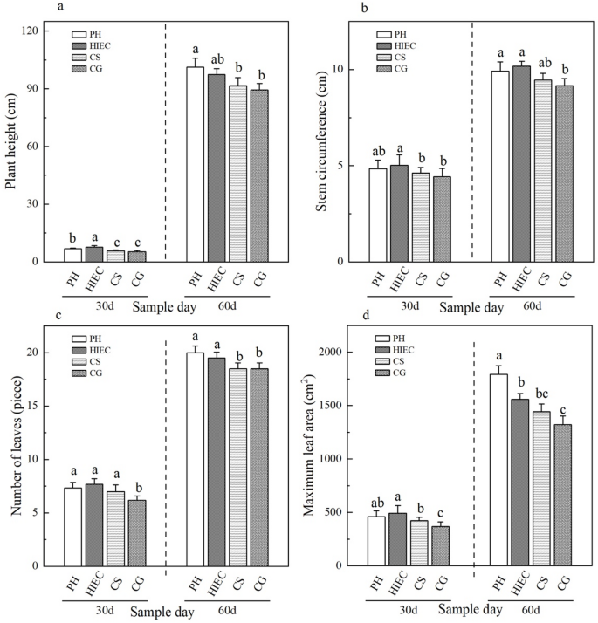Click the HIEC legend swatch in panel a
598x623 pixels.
tap(80, 45)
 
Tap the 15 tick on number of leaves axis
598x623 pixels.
tap(38, 406)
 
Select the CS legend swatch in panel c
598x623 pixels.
tap(80, 362)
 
